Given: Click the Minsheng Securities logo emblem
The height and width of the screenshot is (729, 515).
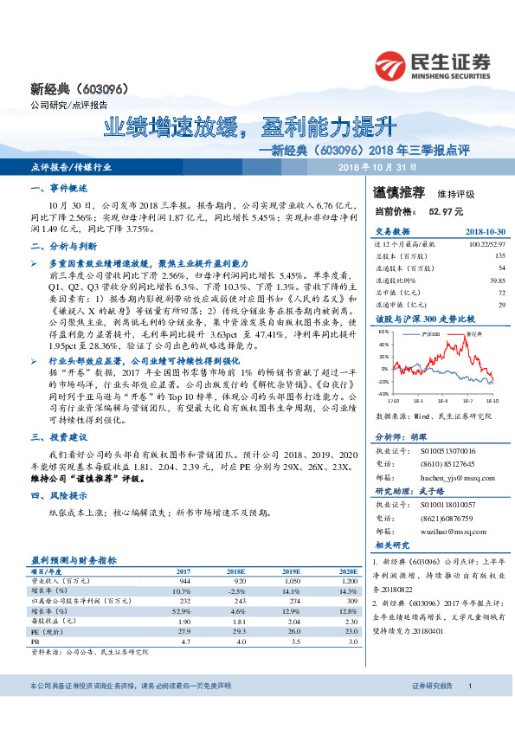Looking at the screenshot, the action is (x=391, y=65).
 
